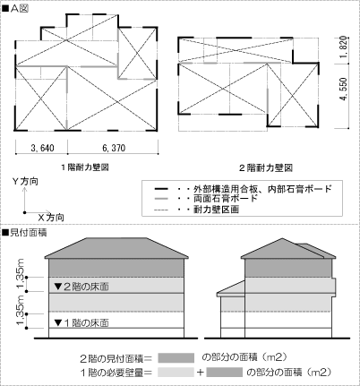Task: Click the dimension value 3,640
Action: [x=42, y=148]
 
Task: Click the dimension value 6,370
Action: [x=114, y=148]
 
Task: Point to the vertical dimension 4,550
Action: [x=344, y=89]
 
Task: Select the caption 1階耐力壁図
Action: [x=85, y=167]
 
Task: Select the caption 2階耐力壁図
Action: [x=266, y=168]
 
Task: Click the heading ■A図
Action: [x=15, y=9]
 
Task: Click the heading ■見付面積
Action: [x=24, y=233]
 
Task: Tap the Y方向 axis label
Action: [x=25, y=181]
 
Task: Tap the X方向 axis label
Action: [x=51, y=218]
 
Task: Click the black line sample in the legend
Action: [x=161, y=189]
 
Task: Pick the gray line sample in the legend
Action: [x=161, y=199]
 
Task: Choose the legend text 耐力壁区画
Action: [x=217, y=210]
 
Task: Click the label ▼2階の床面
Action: [x=81, y=287]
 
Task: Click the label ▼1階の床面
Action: [x=81, y=323]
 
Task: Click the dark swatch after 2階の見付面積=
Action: [x=176, y=357]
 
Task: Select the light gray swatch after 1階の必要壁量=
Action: [x=176, y=373]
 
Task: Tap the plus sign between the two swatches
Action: [x=201, y=373]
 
